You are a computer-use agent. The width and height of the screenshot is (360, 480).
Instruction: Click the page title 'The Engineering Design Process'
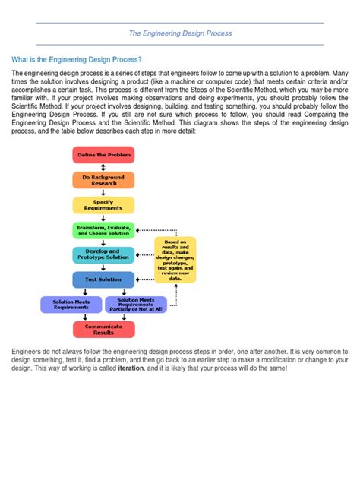(x=180, y=33)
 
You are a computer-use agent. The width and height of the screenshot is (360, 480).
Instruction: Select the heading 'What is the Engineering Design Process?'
(x=77, y=59)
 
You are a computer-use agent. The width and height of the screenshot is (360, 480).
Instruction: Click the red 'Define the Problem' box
(x=103, y=154)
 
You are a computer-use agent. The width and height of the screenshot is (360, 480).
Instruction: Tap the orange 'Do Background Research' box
(x=103, y=180)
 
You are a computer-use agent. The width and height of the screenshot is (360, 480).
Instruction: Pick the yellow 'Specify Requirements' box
(x=103, y=205)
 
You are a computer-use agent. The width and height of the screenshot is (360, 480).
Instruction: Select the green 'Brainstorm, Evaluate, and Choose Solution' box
(x=103, y=230)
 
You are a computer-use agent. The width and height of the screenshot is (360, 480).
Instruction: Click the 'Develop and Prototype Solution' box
(x=103, y=254)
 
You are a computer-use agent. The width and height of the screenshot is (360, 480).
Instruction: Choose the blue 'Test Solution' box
(x=103, y=279)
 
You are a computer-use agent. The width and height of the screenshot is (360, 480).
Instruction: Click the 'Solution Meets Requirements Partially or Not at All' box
(x=136, y=305)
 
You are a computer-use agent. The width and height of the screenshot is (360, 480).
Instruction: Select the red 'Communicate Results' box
(x=103, y=329)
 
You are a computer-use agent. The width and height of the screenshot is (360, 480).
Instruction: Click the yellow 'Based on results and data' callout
(x=175, y=260)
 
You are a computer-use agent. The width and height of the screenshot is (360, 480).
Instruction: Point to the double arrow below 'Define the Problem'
(x=103, y=167)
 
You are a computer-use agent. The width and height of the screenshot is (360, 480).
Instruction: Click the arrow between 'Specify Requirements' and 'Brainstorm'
(x=103, y=217)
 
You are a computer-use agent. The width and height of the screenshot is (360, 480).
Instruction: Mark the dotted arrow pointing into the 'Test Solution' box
(x=144, y=279)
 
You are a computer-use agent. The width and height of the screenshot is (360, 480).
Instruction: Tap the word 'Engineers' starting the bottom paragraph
(x=29, y=352)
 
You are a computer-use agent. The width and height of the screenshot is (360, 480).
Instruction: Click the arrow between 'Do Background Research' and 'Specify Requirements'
(x=103, y=192)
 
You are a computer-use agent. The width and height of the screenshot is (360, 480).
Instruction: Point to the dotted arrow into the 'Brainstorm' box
(x=144, y=229)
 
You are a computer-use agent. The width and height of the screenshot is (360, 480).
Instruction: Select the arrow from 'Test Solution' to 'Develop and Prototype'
(x=103, y=267)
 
